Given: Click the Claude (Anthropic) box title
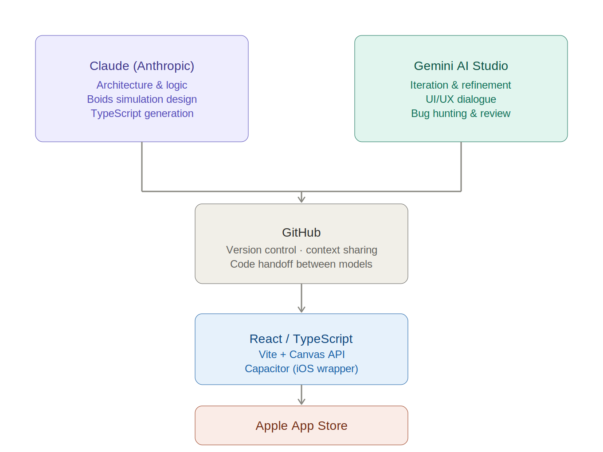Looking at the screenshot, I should click(142, 66).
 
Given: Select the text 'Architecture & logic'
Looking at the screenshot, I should click(142, 85).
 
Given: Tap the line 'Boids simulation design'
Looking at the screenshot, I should click(142, 99).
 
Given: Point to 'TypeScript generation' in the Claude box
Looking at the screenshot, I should click(142, 113).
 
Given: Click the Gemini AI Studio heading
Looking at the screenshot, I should click(461, 66).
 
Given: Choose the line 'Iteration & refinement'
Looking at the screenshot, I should click(461, 85).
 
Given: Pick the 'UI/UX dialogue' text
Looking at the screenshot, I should click(461, 99).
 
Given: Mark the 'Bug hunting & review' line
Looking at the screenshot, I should click(461, 113).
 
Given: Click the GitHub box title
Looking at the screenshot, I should click(301, 233).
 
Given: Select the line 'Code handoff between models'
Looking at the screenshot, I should click(301, 264).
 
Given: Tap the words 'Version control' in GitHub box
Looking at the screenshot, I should click(261, 250).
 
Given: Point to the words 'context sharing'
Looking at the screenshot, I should click(341, 250).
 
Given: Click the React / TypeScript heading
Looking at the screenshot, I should click(301, 339).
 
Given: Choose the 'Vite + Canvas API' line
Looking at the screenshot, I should click(301, 355).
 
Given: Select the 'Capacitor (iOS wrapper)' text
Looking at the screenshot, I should click(301, 369).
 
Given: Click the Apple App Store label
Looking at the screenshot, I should click(301, 426).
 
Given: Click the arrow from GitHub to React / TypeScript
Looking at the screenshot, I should click(301, 299).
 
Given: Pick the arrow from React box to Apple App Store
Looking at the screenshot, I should click(301, 395).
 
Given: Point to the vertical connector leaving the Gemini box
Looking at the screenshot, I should click(461, 167).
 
